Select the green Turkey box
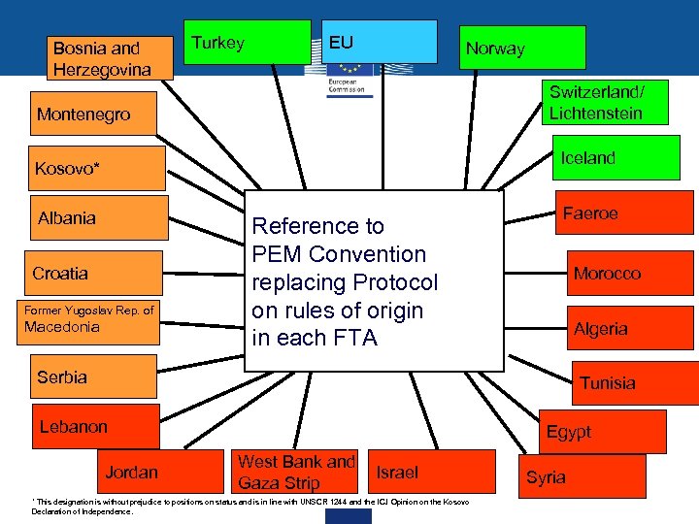click(249, 44)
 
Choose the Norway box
click(522, 48)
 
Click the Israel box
click(398, 473)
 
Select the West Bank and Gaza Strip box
click(296, 473)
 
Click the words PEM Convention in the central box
click(339, 254)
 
